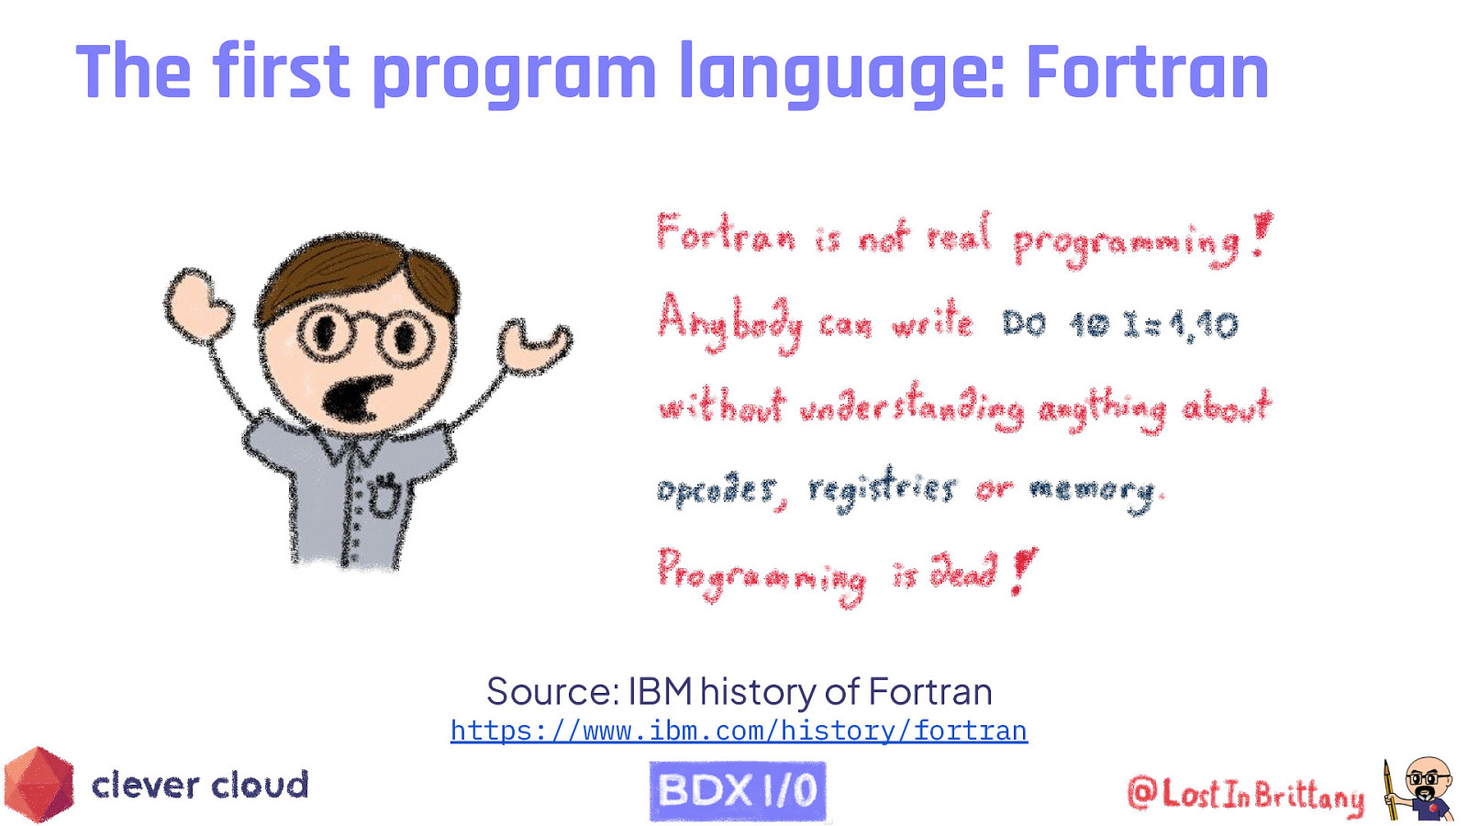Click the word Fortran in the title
1147,73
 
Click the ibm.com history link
739,731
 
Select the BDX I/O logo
738,790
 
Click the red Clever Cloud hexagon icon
39,785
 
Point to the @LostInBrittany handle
1245,795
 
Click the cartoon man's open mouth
353,398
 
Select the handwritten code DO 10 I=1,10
1119,325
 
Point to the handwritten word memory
1092,491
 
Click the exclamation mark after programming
1262,234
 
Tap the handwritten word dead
963,571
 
